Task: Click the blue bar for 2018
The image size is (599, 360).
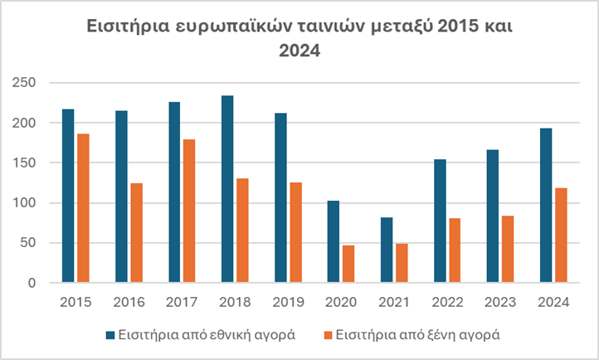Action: [227, 189]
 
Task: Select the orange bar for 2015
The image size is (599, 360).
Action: [83, 208]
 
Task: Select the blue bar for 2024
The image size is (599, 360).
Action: [546, 205]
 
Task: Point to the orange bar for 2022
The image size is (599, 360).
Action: [455, 250]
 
